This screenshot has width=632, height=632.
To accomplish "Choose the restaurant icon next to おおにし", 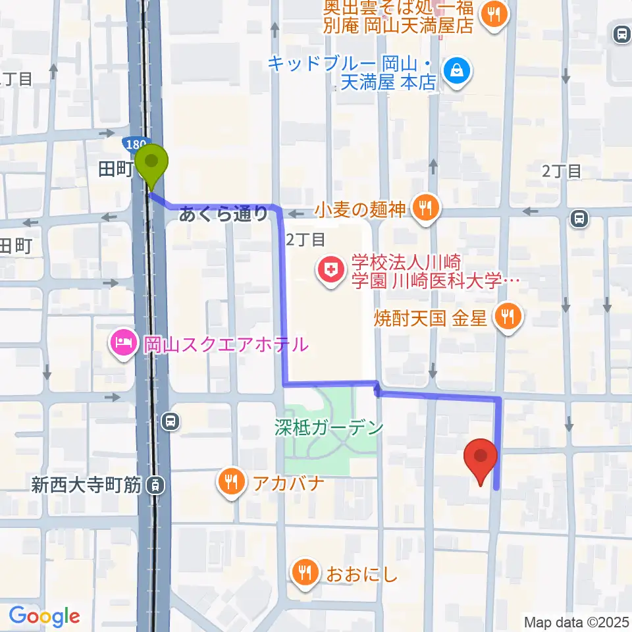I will pos(305,574).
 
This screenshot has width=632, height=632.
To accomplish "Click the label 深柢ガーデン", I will pos(329,429).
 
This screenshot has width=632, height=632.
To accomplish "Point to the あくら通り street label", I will pos(224,213).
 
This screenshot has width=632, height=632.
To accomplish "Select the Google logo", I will pos(45,616).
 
